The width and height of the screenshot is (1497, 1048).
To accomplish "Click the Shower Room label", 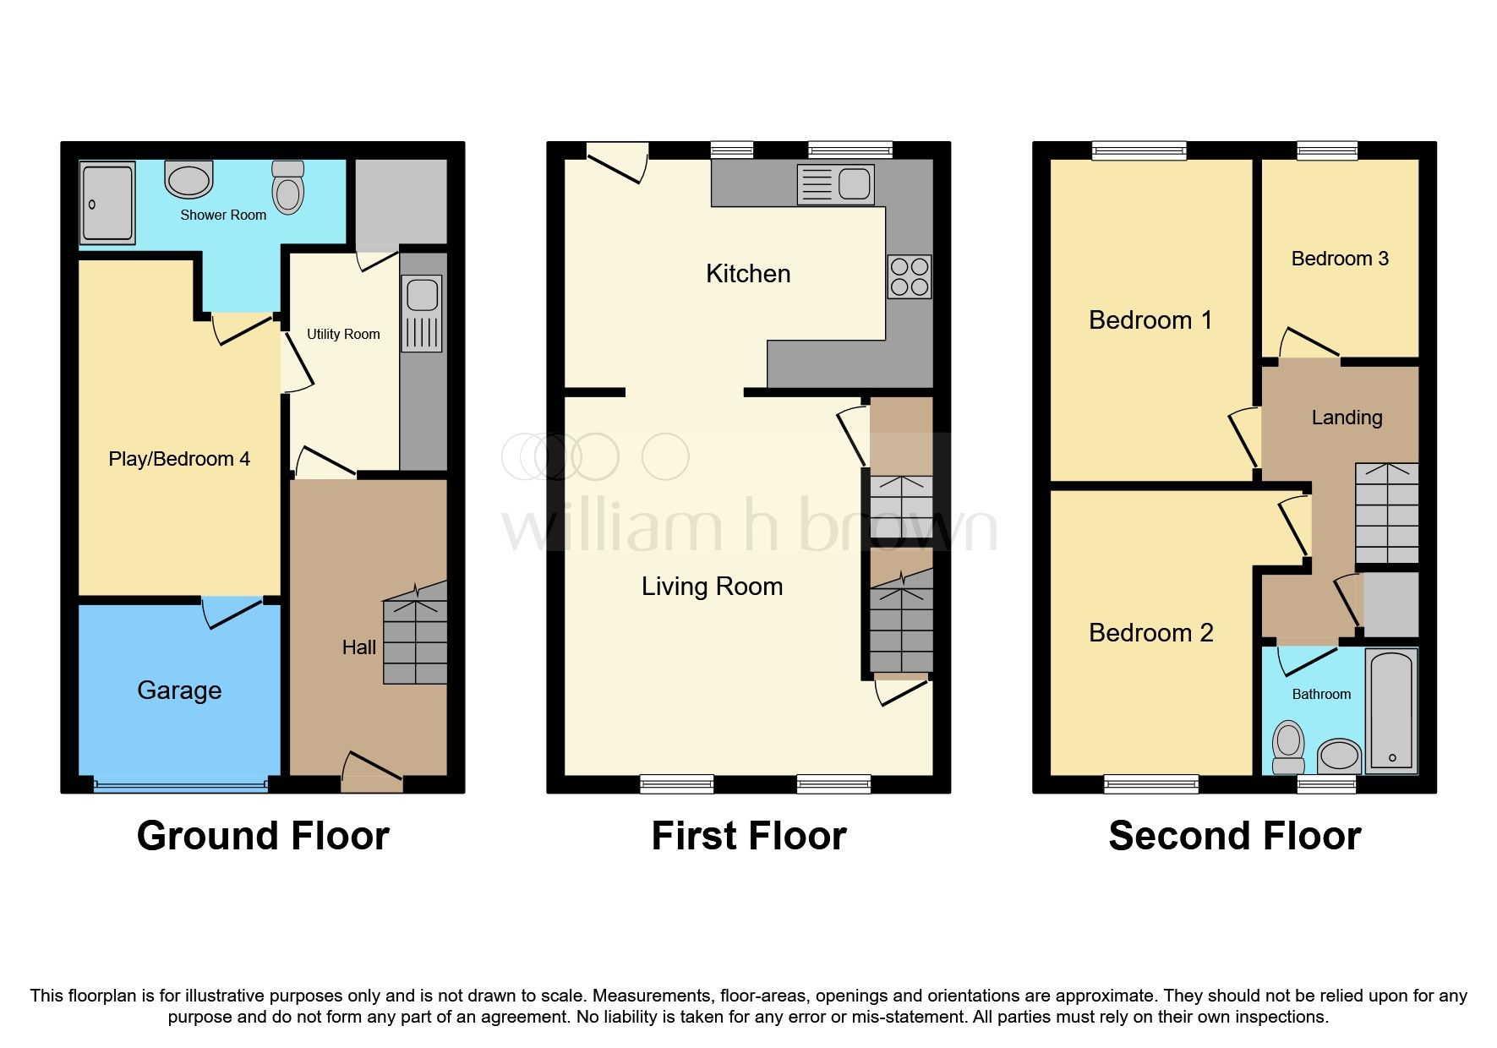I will tap(223, 216).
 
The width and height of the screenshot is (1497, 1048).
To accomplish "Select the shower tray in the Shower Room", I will tap(107, 202).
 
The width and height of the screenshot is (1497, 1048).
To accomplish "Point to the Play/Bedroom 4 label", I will tap(179, 459).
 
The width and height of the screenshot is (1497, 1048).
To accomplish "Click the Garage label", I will tap(179, 690).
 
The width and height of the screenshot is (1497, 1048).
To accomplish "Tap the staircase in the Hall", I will tap(415, 634).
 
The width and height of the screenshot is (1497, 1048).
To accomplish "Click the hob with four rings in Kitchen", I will tap(909, 277).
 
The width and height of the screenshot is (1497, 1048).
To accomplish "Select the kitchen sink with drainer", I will tap(835, 184).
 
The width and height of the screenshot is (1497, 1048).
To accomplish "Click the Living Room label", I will tap(712, 587).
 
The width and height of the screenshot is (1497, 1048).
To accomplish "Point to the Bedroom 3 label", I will tap(1340, 259).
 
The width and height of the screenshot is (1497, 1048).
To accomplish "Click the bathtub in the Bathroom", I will tap(1391, 709).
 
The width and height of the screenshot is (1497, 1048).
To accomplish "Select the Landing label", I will tap(1347, 418).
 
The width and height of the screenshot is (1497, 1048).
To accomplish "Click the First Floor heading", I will tap(748, 836).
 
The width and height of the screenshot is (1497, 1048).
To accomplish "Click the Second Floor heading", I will tap(1234, 836).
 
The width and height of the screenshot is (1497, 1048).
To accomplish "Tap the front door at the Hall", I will tap(372, 772).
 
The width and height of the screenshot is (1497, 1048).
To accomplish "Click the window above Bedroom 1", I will tap(1139, 151).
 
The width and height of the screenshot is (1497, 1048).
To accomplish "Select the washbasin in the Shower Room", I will tap(188, 179).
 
